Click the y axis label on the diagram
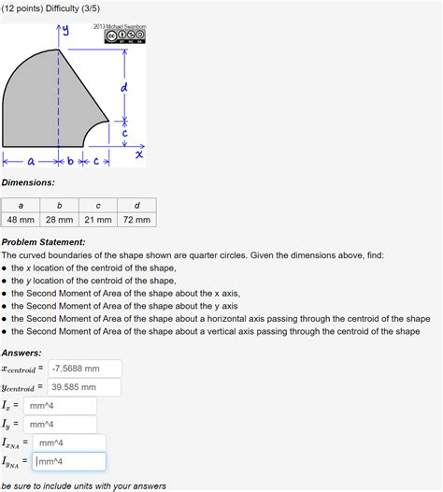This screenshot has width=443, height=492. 64,34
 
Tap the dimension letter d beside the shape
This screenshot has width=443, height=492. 123,87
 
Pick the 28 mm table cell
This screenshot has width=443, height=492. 59,220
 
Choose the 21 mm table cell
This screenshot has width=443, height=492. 97,220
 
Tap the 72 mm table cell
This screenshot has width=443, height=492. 136,220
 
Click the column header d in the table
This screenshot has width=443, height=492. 136,206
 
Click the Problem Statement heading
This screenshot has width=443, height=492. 43,242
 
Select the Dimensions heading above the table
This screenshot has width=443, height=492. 28,182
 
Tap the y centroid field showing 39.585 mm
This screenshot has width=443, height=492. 83,387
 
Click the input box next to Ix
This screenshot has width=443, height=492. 61,406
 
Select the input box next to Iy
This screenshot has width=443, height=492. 61,425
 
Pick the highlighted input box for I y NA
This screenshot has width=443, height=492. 68,462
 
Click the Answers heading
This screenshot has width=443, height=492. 21,353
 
